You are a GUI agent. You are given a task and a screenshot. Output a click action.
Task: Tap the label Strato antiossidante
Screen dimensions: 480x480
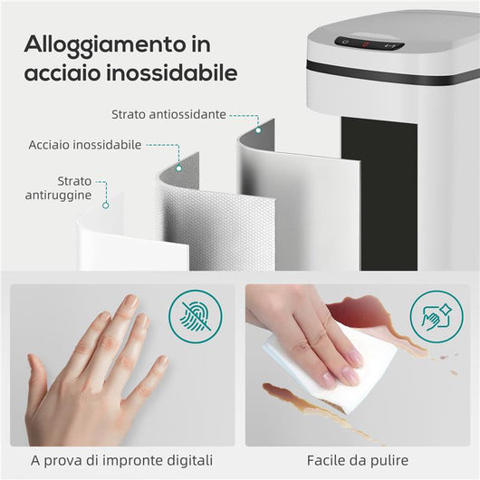pyautogui.click(x=168, y=114)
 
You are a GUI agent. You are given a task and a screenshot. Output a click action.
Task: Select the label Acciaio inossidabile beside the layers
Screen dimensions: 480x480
pyautogui.click(x=85, y=144)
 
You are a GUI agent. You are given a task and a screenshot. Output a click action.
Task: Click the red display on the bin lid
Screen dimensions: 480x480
pyautogui.click(x=366, y=43)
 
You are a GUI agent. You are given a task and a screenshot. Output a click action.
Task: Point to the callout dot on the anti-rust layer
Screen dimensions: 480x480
pyautogui.click(x=107, y=205)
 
